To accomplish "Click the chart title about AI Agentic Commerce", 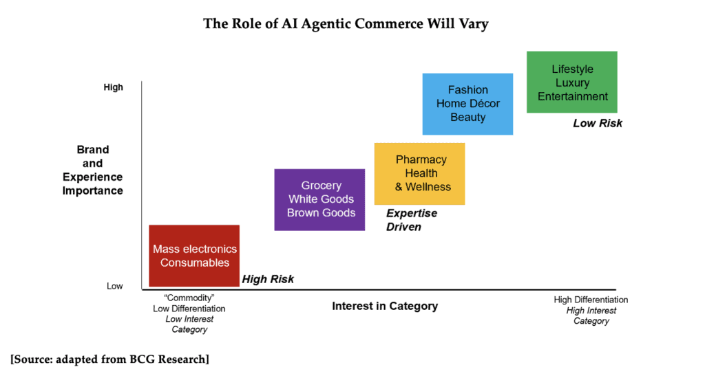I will point(346,24).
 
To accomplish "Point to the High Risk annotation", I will point(268,279).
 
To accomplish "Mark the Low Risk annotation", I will point(598,124).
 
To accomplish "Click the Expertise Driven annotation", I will point(412,220).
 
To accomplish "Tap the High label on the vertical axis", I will point(114,87).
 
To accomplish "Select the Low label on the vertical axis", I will point(114,286).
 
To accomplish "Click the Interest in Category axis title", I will point(385,306).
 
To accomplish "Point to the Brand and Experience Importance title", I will point(93,170).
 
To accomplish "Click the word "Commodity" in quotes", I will point(189,298).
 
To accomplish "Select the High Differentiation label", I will point(591,300).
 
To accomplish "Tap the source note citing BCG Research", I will point(109,359).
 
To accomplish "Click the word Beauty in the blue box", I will point(468,118).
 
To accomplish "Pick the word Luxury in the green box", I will point(573,83).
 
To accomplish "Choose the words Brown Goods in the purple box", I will point(322,213).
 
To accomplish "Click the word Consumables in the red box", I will point(195,263).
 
